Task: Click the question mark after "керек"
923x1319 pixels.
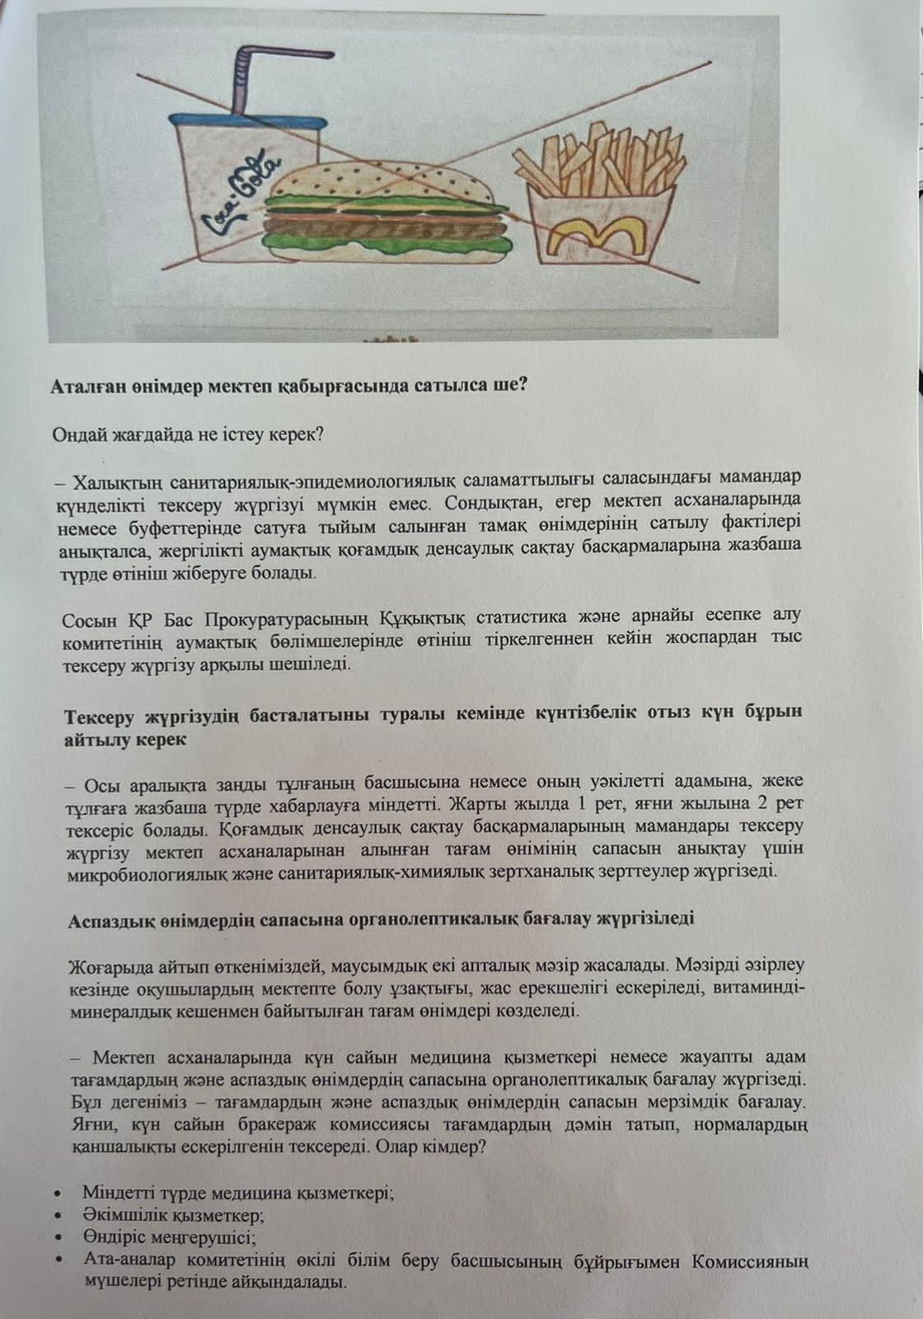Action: [x=319, y=435]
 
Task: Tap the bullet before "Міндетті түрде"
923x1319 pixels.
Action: [x=56, y=1193]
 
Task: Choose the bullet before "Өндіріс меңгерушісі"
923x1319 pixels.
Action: [x=56, y=1238]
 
